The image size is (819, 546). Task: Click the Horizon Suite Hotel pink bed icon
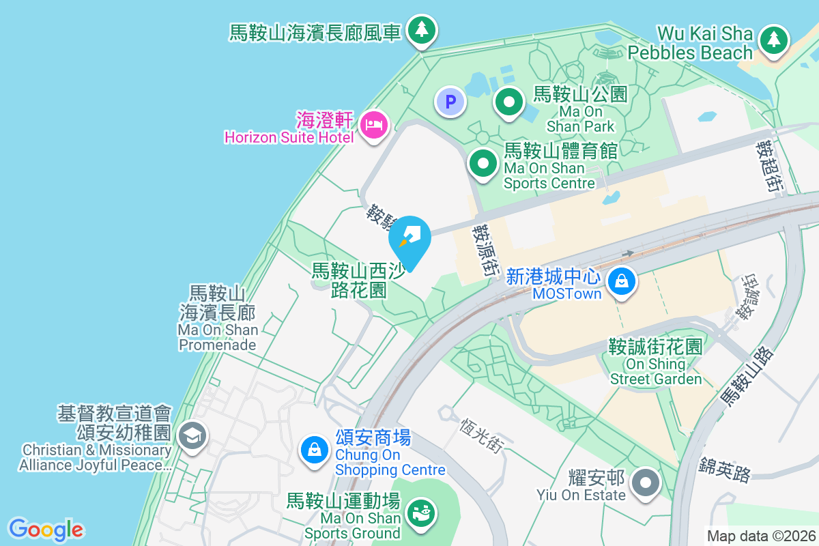(374, 125)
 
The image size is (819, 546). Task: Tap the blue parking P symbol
(450, 102)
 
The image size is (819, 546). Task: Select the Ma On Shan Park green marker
(508, 102)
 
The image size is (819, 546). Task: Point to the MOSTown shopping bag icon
(622, 280)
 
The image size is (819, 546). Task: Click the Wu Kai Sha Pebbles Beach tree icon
(773, 39)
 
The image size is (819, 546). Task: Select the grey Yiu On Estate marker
(645, 483)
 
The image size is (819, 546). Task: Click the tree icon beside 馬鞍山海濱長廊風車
(422, 29)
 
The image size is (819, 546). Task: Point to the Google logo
(46, 530)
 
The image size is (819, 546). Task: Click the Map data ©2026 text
(760, 536)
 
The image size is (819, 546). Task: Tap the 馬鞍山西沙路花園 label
(358, 281)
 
